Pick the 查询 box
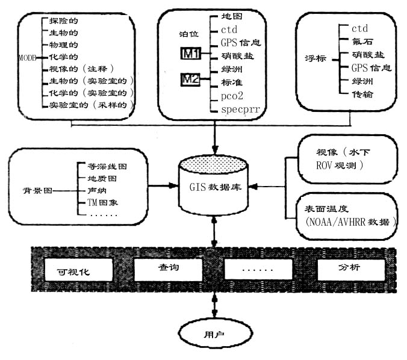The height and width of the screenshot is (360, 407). (x=166, y=268)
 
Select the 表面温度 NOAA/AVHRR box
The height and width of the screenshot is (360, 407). (x=347, y=215)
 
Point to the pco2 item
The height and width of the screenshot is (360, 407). (x=232, y=96)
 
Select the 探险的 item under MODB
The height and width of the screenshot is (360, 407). (x=64, y=21)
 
